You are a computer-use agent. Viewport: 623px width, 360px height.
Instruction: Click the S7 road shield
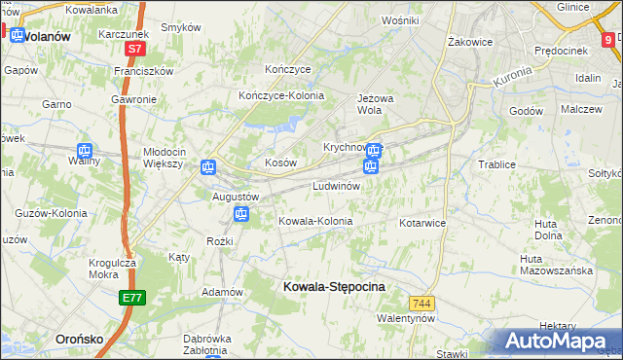(x=136, y=47)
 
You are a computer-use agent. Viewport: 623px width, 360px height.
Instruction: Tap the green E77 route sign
(x=133, y=298)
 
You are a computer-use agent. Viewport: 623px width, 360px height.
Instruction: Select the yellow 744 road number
(x=421, y=304)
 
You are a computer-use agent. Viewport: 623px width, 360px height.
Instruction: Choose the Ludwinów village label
(x=337, y=185)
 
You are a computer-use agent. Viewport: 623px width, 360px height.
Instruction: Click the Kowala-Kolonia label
(x=315, y=221)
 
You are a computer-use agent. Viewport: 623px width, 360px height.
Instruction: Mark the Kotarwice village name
(x=422, y=223)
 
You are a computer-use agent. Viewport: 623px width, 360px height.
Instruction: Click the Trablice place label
(x=496, y=164)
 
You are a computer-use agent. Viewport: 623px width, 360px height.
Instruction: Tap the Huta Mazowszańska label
(x=556, y=264)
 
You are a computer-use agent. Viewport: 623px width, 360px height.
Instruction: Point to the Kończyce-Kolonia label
(x=281, y=95)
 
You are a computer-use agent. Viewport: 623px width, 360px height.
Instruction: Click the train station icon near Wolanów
(x=17, y=35)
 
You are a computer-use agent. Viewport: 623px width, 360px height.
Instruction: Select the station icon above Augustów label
(x=207, y=167)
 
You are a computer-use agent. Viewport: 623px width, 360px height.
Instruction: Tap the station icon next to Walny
(x=85, y=151)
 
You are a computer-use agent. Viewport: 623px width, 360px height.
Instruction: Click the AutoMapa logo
(x=555, y=342)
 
